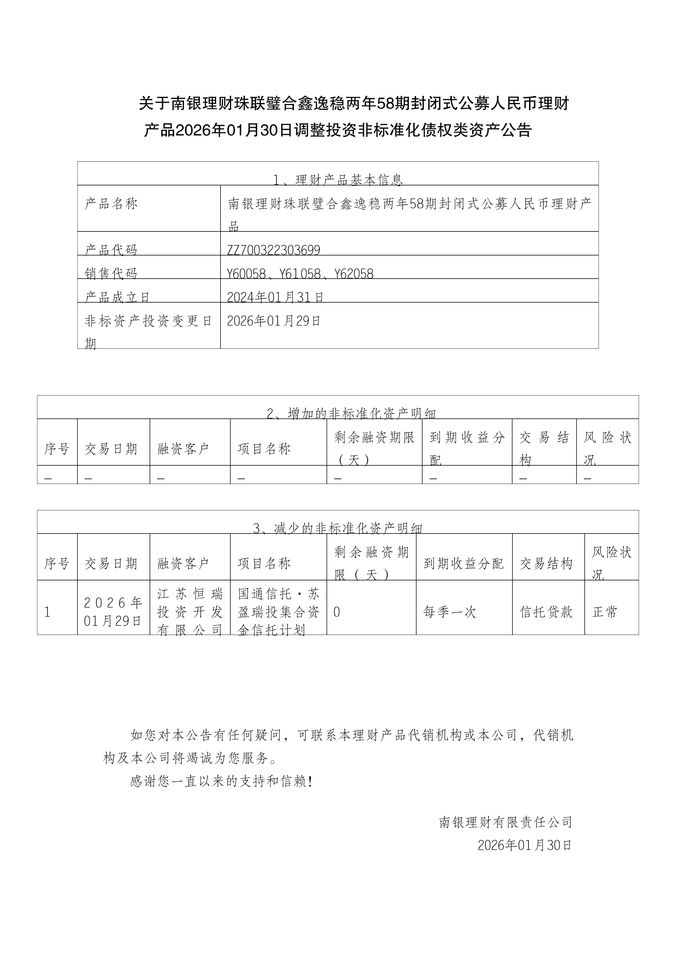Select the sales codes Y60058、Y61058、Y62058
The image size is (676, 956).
[x=300, y=274]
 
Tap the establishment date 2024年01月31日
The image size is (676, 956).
[x=275, y=297]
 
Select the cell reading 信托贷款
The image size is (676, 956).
[x=546, y=612]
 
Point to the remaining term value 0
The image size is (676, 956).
[x=337, y=612]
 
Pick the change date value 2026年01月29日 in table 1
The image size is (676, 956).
[x=273, y=321]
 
